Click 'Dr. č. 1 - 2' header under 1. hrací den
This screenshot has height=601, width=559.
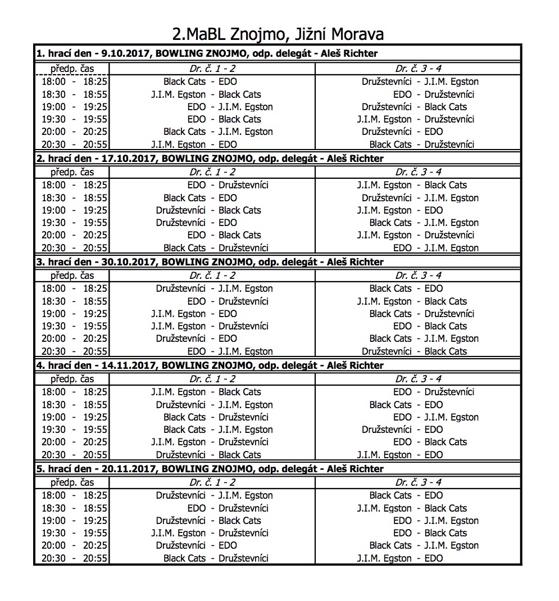pos(212,69)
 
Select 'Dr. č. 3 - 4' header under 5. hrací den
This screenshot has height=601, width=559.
pos(419,482)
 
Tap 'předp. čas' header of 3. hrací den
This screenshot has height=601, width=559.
pos(72,275)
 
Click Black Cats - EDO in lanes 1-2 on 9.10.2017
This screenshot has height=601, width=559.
pos(200,82)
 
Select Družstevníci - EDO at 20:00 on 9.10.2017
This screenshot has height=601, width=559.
pos(402,132)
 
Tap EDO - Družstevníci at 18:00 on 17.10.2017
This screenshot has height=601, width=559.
pos(228,185)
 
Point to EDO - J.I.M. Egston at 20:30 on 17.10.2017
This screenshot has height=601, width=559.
pos(436,248)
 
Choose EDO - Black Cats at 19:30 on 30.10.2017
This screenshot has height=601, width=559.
pos(430,326)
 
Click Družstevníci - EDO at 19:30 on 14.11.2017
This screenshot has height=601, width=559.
pos(402,430)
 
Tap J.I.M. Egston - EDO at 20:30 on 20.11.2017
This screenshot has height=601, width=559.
pos(399,558)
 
